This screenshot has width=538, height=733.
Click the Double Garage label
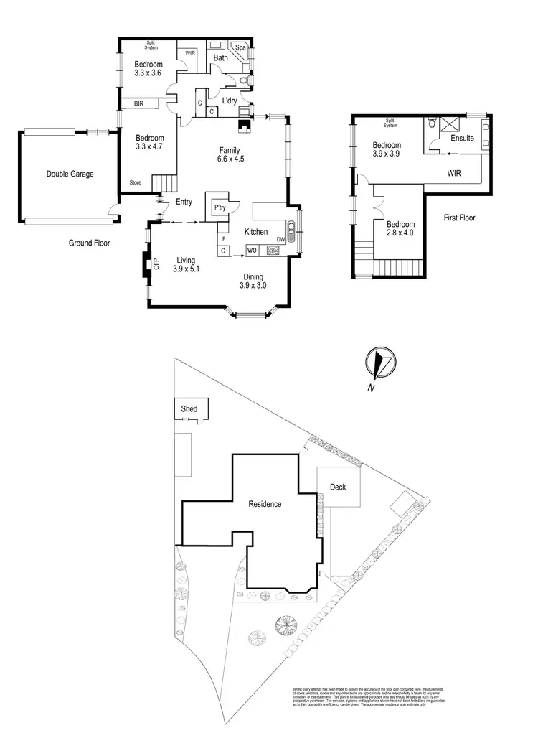click(x=70, y=174)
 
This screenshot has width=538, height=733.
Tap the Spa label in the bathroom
click(x=241, y=49)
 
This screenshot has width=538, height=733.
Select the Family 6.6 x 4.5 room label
click(x=231, y=154)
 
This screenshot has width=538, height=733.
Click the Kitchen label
click(x=255, y=232)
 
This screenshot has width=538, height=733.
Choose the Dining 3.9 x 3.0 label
click(x=253, y=281)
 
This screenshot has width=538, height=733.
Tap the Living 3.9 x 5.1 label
click(x=187, y=264)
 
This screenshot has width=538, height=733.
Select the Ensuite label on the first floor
click(x=461, y=138)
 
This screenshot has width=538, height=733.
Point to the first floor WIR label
click(x=454, y=173)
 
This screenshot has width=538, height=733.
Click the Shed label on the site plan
click(x=189, y=408)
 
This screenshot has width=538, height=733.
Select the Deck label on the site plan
click(x=337, y=487)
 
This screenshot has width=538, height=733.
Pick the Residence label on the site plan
click(x=265, y=504)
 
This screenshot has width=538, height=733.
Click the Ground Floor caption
click(x=90, y=243)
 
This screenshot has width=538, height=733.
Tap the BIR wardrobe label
click(x=138, y=104)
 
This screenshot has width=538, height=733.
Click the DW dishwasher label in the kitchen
click(x=280, y=239)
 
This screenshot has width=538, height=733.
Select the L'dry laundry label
click(x=230, y=100)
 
